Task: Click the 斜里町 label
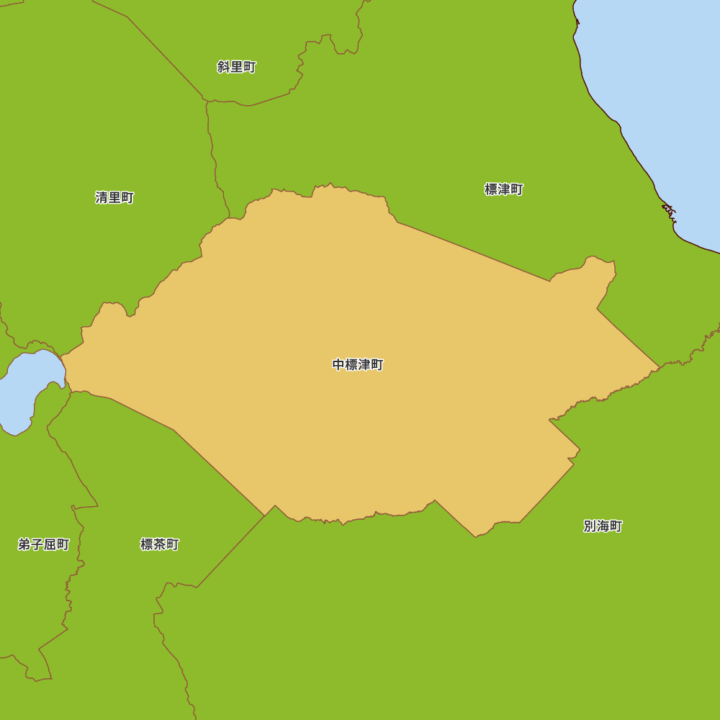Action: [236, 67]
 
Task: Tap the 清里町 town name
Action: [114, 197]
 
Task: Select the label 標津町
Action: [503, 189]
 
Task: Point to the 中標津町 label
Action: [358, 365]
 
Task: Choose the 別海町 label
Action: [603, 526]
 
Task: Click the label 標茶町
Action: [159, 544]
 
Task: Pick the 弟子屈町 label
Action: [43, 544]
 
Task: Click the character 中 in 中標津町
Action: [338, 365]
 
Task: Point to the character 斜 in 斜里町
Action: [223, 67]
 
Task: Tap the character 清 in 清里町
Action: [102, 197]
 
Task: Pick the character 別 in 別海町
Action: [590, 526]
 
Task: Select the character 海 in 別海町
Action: [603, 526]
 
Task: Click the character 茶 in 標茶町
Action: [159, 544]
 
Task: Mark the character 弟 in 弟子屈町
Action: [24, 544]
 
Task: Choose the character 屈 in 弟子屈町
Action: [50, 544]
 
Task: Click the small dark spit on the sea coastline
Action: [670, 211]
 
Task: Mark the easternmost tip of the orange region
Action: [659, 367]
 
